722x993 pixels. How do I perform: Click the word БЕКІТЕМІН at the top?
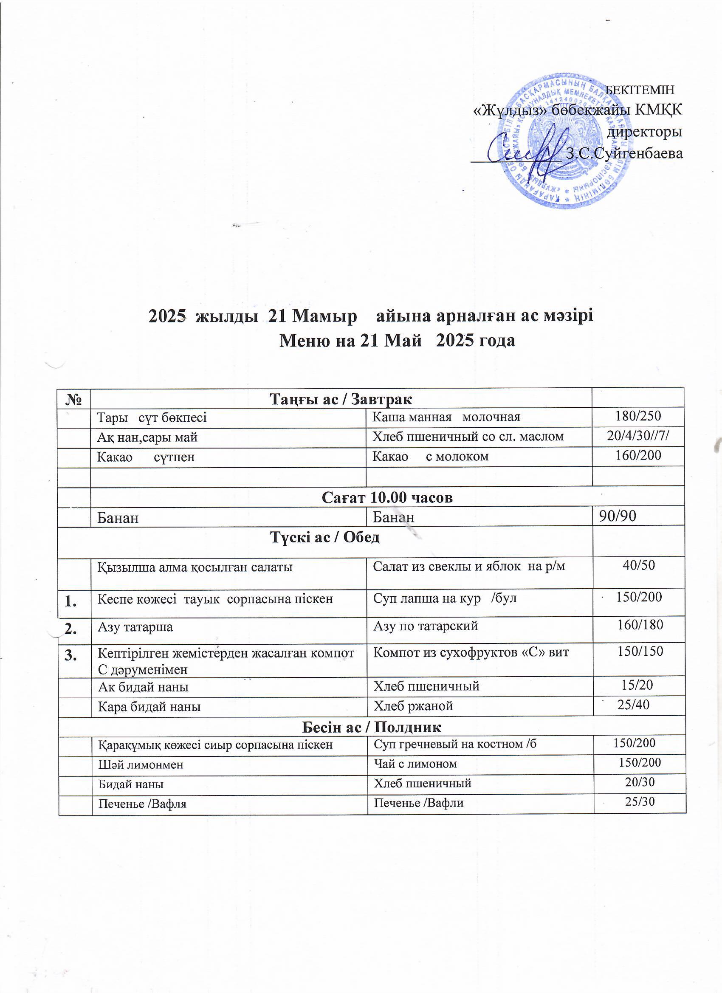point(639,90)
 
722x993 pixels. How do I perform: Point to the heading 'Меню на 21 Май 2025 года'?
point(397,340)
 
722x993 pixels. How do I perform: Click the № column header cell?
point(74,399)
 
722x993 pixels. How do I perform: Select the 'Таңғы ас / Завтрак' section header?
point(341,399)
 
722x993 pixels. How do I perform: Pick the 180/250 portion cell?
point(638,416)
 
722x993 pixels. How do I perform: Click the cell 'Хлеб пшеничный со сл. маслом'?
point(468,437)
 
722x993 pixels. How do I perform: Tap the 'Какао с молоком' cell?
point(430,457)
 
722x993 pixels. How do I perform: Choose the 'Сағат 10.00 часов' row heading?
point(386,497)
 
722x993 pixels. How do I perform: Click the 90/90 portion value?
point(618,516)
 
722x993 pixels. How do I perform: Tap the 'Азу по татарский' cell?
point(425,626)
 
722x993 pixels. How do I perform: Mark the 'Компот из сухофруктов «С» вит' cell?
point(471,652)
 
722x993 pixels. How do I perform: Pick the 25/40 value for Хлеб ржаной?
point(633,705)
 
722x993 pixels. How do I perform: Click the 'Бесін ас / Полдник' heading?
point(372,727)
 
